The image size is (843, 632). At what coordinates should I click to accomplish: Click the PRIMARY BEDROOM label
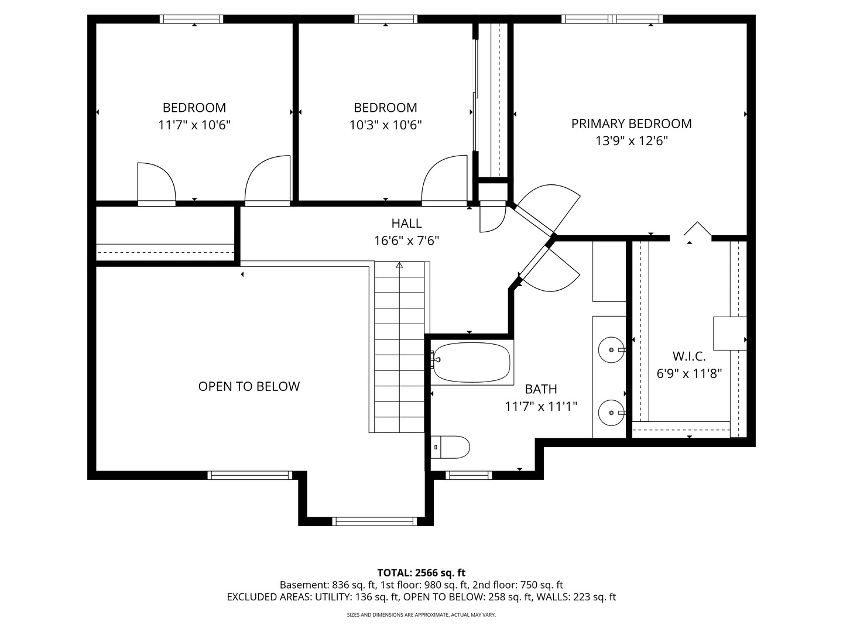(x=631, y=123)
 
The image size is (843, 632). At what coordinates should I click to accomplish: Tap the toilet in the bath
(x=450, y=447)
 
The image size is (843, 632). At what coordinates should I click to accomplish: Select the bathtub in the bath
(x=471, y=362)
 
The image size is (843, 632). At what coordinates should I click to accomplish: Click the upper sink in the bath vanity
(x=611, y=349)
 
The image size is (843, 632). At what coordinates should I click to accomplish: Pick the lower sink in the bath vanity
(x=611, y=413)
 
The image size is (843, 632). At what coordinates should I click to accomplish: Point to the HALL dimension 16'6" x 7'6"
(x=406, y=241)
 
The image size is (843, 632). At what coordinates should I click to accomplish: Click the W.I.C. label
(x=689, y=356)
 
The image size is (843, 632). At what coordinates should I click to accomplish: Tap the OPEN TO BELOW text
(x=249, y=386)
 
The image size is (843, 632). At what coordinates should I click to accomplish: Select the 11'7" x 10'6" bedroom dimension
(x=194, y=125)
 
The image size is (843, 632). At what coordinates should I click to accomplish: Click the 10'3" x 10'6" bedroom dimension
(x=385, y=125)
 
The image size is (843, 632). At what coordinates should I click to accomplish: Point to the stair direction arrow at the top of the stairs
(x=399, y=265)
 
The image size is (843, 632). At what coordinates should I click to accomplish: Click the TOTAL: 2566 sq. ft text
(x=421, y=573)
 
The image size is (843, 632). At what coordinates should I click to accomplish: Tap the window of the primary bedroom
(x=612, y=19)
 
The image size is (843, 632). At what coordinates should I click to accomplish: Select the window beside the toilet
(x=469, y=475)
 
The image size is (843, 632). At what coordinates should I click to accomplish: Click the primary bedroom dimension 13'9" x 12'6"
(x=632, y=141)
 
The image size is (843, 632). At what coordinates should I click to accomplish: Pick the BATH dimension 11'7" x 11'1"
(x=541, y=406)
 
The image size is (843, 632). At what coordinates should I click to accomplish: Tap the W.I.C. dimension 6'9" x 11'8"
(x=689, y=373)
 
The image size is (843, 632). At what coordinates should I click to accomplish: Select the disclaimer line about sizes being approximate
(x=421, y=614)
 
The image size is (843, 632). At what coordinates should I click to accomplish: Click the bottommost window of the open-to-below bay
(x=375, y=521)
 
